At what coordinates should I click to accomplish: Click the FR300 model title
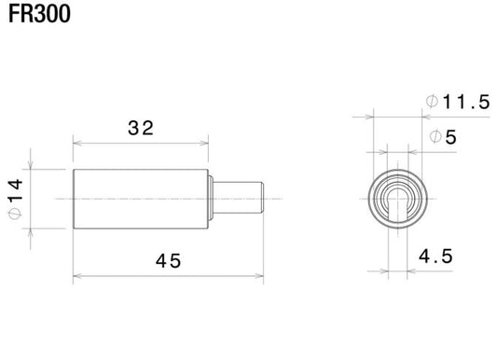[x=36, y=16]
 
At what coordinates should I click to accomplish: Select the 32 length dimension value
[x=141, y=129]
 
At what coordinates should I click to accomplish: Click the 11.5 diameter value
[x=467, y=103]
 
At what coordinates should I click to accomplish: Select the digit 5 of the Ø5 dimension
[x=450, y=137]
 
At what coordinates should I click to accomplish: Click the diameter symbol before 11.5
[x=431, y=103]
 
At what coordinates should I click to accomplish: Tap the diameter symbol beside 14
[x=15, y=215]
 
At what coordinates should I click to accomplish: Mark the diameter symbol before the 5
[x=435, y=137]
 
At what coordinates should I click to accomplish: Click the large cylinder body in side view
[x=140, y=199]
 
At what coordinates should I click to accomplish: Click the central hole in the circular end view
[x=397, y=199]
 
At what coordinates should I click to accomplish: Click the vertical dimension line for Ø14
[x=31, y=199]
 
